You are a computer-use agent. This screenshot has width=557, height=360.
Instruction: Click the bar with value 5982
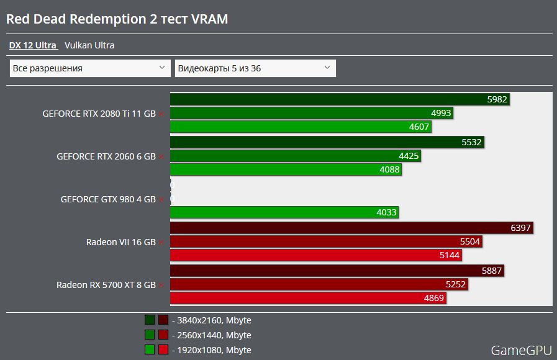click(340, 99)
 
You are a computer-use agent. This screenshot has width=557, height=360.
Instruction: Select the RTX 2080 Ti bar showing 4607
click(301, 127)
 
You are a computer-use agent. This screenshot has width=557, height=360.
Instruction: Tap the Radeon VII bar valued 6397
click(351, 228)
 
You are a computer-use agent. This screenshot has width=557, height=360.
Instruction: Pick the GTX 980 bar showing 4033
click(284, 213)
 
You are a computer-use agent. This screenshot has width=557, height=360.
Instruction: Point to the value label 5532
click(472, 142)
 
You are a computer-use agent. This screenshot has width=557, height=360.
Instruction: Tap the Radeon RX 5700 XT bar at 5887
click(336, 271)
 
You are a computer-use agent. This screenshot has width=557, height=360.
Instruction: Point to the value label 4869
click(434, 299)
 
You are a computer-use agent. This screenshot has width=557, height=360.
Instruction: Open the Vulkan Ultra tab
click(89, 45)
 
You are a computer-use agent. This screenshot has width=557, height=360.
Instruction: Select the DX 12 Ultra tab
click(33, 45)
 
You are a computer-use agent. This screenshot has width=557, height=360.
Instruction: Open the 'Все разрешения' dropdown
click(90, 68)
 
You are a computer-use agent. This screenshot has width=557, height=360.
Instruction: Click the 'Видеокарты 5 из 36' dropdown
click(255, 68)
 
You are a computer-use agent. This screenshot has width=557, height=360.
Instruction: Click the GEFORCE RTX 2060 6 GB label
click(106, 157)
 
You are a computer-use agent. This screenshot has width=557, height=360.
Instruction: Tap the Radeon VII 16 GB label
click(121, 242)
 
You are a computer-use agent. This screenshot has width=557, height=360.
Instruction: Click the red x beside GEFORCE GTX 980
click(161, 200)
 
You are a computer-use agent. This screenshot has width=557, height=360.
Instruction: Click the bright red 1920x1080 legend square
click(163, 349)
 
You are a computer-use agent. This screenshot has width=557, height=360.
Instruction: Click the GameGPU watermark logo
click(521, 351)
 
